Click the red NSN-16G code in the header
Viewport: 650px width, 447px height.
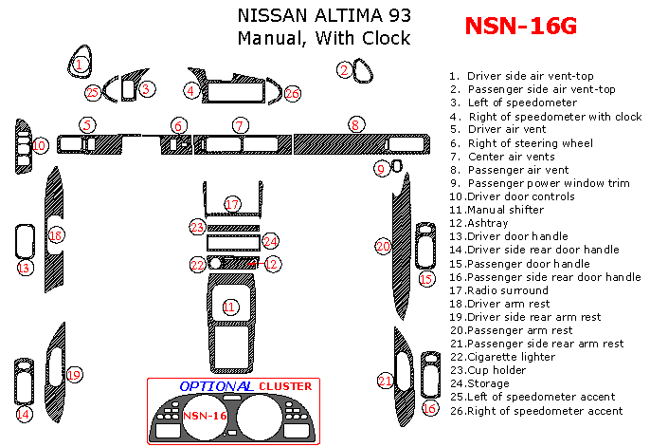click(x=520, y=26)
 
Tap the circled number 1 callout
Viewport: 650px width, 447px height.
click(x=81, y=64)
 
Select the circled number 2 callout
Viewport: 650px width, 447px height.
click(x=344, y=68)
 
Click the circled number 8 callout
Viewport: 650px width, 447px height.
click(x=355, y=124)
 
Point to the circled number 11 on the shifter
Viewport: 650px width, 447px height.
click(x=229, y=307)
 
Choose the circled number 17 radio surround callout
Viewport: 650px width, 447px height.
click(x=232, y=204)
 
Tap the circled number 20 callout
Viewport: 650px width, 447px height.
click(x=383, y=246)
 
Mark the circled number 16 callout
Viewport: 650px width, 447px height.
click(x=430, y=408)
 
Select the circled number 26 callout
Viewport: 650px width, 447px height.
click(x=292, y=93)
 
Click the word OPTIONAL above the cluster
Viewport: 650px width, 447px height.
click(x=215, y=387)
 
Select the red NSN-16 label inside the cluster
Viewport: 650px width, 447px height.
click(x=204, y=416)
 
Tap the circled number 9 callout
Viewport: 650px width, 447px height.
click(x=381, y=169)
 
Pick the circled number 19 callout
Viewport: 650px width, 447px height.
click(x=74, y=375)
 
